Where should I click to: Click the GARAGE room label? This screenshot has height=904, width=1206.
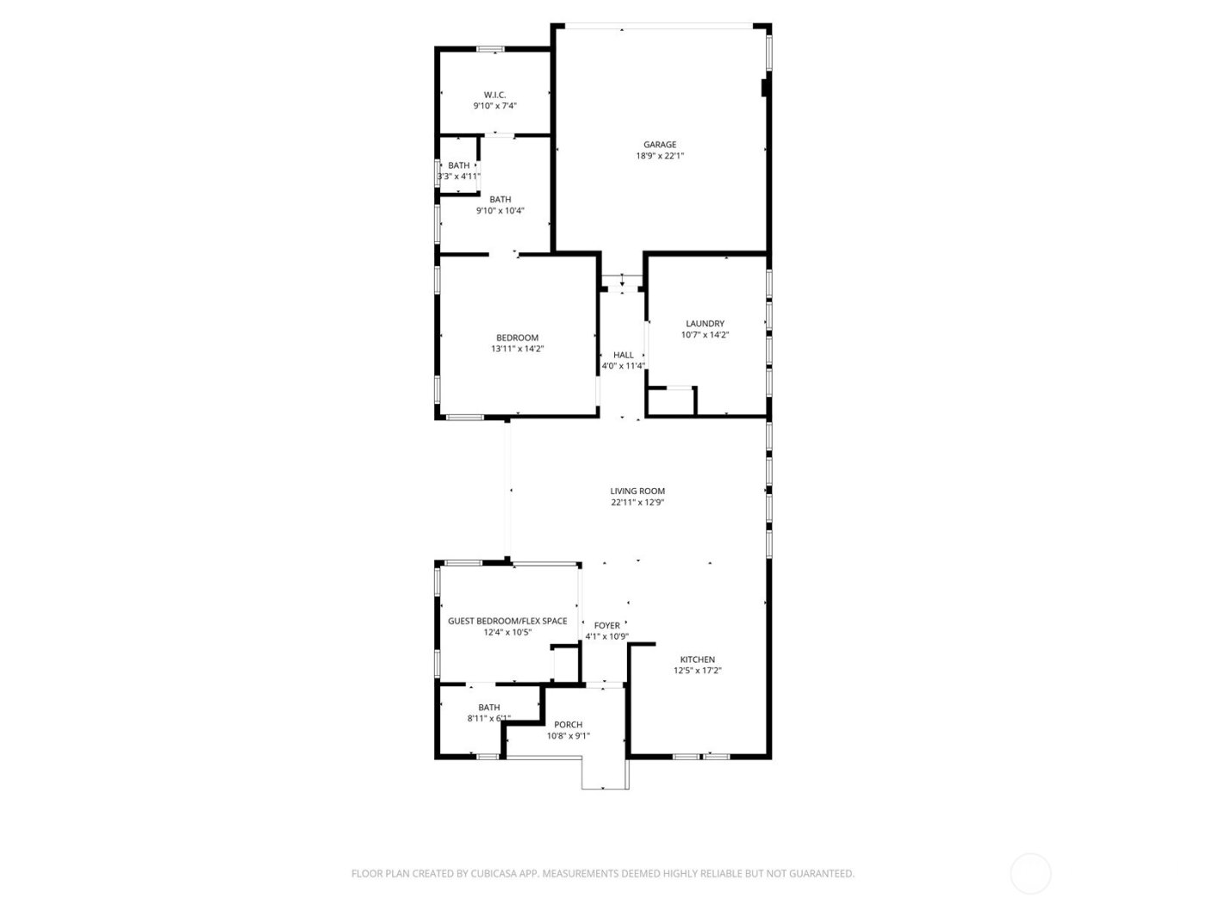(660, 145)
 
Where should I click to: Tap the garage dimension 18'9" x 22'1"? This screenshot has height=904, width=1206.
(660, 157)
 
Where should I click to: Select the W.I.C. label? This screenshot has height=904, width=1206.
(494, 95)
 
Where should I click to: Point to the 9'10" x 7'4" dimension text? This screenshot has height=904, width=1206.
(494, 106)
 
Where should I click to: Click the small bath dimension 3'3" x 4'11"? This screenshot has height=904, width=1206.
(458, 176)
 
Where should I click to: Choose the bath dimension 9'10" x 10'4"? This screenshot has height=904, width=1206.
(500, 211)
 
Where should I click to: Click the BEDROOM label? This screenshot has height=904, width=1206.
(517, 337)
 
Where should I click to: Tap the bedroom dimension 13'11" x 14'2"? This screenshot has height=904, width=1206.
(517, 350)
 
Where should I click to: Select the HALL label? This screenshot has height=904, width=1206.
(623, 355)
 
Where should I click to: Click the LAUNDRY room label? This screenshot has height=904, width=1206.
(705, 324)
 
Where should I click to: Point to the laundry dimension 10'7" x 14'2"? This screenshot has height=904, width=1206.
(705, 336)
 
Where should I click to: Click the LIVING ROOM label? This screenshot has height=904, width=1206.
(637, 491)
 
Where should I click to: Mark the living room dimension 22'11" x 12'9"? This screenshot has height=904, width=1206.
(637, 503)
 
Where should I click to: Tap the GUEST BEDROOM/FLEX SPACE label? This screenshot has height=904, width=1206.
(507, 621)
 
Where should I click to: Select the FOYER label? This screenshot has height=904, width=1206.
(606, 626)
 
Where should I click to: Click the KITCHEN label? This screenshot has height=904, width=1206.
(697, 659)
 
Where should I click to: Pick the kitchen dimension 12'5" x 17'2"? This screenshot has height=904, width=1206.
(697, 671)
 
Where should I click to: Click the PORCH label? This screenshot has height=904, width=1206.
(569, 725)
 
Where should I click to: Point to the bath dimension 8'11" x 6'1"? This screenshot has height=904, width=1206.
(488, 719)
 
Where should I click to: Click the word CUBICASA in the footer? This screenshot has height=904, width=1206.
(493, 874)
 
